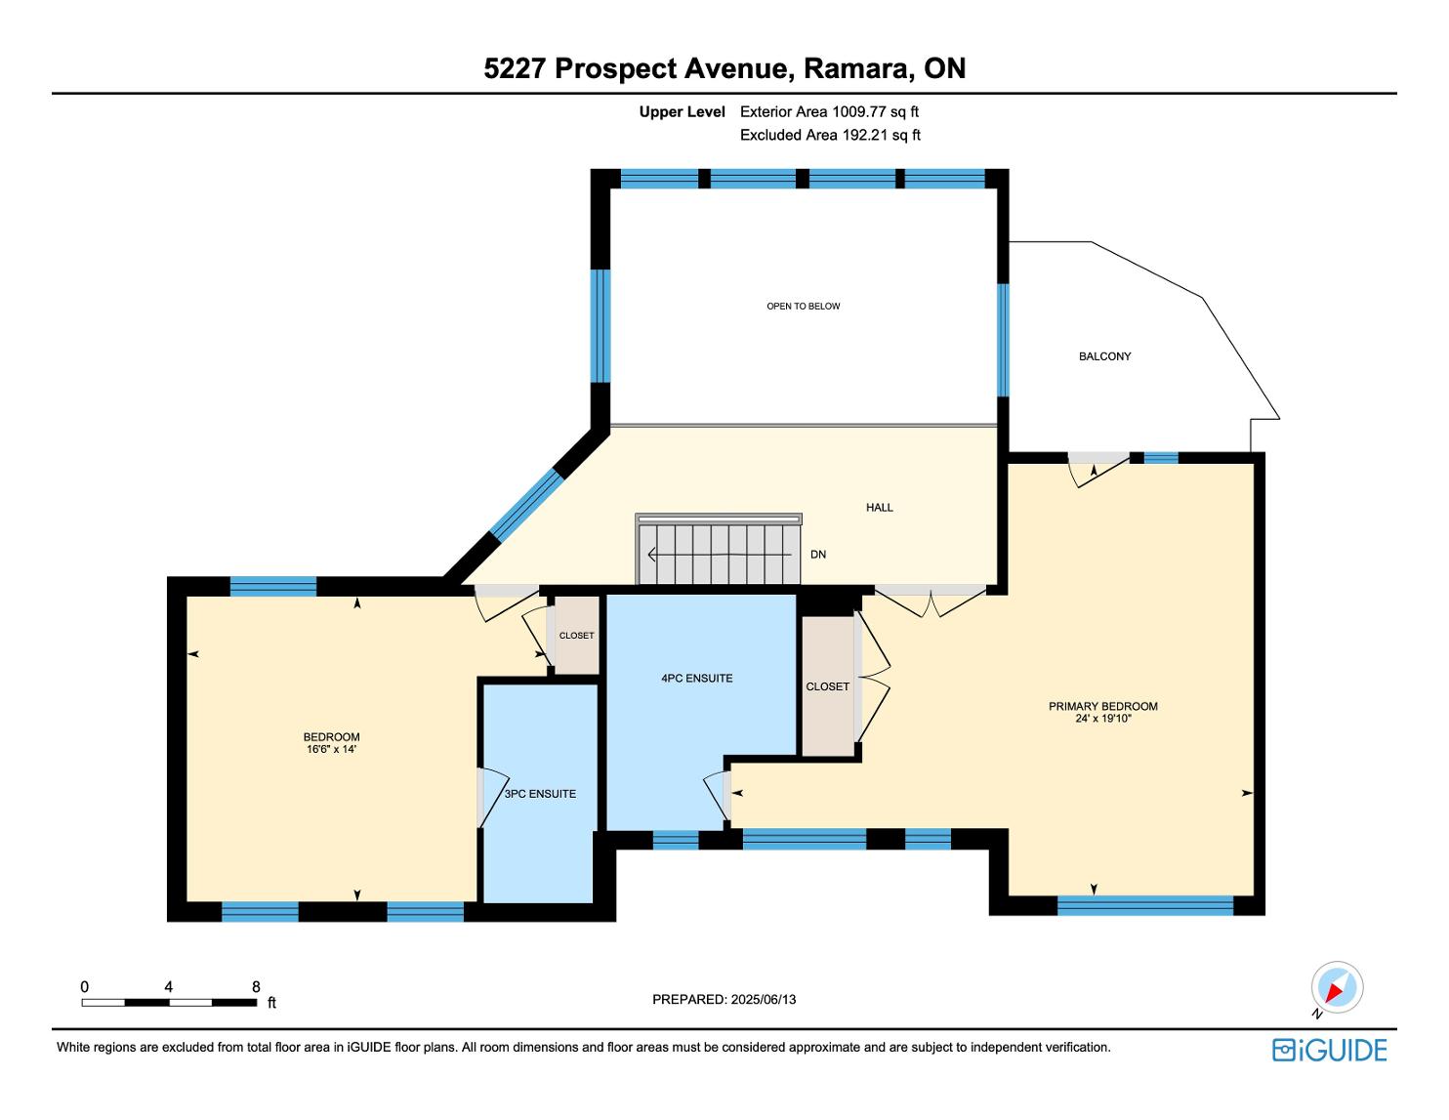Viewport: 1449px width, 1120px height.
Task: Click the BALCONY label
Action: [x=1104, y=356]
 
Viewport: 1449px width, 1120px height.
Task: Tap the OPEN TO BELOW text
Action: [x=803, y=306]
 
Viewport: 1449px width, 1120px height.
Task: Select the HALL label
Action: [x=879, y=508]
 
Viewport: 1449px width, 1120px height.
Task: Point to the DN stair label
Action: [x=817, y=554]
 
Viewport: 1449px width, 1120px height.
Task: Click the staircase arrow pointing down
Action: [x=720, y=554]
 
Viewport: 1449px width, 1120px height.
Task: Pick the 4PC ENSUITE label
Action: [x=697, y=678]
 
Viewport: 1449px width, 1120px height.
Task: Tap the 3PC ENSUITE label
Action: [x=540, y=793]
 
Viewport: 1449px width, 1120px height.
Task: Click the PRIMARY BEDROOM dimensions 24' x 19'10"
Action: [x=1103, y=719]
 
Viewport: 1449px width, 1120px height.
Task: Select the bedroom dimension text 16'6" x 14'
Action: [x=331, y=749]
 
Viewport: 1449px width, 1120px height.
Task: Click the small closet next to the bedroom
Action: [x=577, y=635]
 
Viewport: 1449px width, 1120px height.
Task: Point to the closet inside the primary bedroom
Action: [x=828, y=686]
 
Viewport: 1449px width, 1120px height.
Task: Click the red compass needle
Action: [x=1335, y=992]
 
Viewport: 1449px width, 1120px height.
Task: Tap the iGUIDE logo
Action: [x=1330, y=1050]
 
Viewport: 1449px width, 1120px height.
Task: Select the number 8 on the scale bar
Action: [x=256, y=986]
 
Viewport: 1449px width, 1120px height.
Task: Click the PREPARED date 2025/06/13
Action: [x=764, y=999]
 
